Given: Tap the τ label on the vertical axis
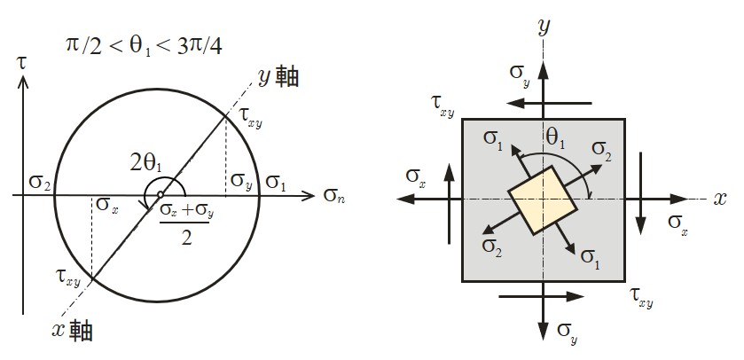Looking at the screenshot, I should click(x=24, y=64).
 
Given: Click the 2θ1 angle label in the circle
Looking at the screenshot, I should click(x=145, y=163).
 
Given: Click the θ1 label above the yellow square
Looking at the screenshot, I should click(x=557, y=137).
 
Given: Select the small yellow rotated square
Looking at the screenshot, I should click(x=543, y=200).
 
